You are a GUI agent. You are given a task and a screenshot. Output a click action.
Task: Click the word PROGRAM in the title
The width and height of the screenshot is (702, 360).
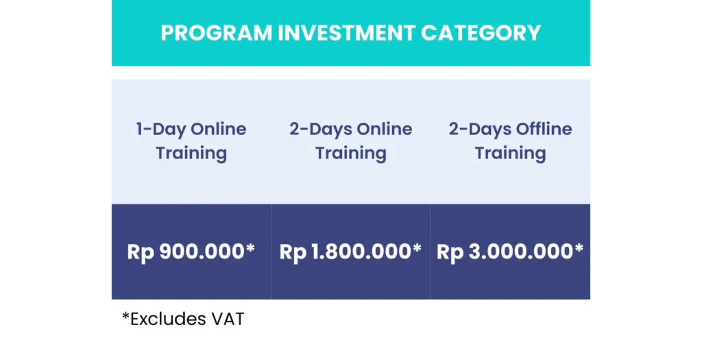pyautogui.click(x=217, y=33)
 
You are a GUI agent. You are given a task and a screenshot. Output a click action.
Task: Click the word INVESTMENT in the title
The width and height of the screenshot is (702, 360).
pyautogui.click(x=346, y=33)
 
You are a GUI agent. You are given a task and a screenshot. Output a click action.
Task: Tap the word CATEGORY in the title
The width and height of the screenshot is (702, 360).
pyautogui.click(x=481, y=33)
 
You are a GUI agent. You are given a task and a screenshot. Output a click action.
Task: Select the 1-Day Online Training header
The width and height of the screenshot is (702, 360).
pyautogui.click(x=191, y=141)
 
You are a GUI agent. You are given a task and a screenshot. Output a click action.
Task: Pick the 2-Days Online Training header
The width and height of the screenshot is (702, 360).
pyautogui.click(x=350, y=141)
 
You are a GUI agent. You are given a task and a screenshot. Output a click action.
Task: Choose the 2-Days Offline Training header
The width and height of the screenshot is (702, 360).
pyautogui.click(x=510, y=141)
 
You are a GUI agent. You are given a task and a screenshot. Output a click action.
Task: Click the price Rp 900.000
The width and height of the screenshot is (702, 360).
pyautogui.click(x=186, y=252)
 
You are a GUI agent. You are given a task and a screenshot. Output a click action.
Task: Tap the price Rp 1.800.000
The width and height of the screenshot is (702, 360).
pyautogui.click(x=346, y=252)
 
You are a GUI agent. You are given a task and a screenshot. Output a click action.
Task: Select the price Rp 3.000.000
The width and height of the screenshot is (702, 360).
pyautogui.click(x=505, y=252)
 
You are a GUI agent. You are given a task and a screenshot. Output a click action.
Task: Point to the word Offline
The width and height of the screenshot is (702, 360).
pyautogui.click(x=544, y=129)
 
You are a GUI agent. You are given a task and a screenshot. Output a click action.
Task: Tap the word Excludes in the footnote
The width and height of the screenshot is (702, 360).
pyautogui.click(x=169, y=320)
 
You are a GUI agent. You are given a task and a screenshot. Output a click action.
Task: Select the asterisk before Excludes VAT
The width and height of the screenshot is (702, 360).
pyautogui.click(x=126, y=315)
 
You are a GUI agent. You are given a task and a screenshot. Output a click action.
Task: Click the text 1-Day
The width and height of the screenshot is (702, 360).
pyautogui.click(x=160, y=130)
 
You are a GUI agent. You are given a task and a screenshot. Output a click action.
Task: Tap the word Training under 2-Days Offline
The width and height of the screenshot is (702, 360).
pyautogui.click(x=510, y=154)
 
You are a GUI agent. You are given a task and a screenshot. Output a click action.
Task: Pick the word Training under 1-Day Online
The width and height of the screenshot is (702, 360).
pyautogui.click(x=191, y=154)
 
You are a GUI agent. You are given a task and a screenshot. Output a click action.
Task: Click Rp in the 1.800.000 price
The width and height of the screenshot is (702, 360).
pyautogui.click(x=293, y=253)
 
